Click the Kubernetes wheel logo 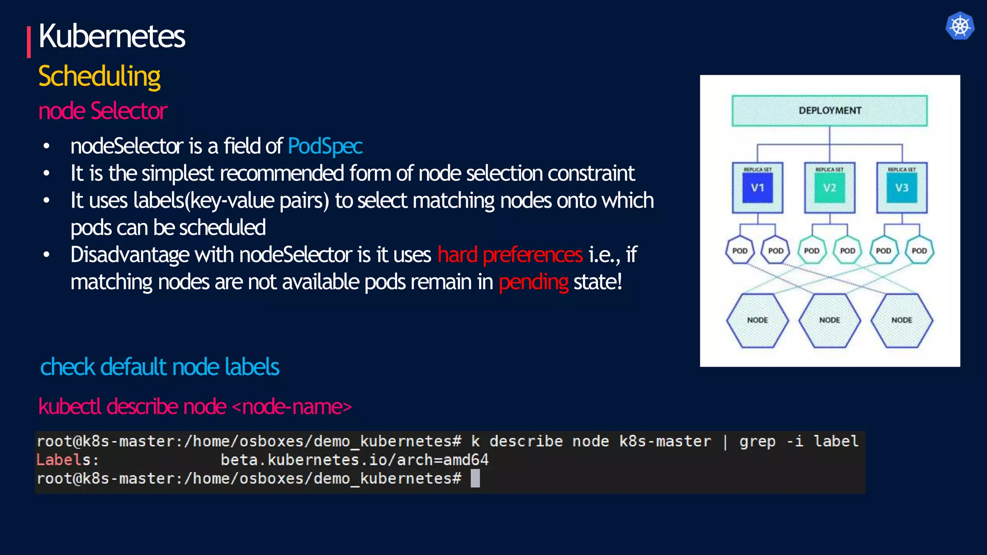click(960, 26)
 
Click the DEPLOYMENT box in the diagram click(829, 111)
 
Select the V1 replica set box click(757, 188)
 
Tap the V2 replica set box click(829, 188)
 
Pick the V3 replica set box click(902, 188)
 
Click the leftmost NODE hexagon click(757, 320)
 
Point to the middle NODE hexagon click(829, 320)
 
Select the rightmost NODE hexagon click(902, 320)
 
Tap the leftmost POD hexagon click(740, 251)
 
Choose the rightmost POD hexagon click(919, 251)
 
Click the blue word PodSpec click(325, 146)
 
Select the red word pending click(534, 282)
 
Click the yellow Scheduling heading click(99, 77)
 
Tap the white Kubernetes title click(112, 37)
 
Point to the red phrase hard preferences click(510, 255)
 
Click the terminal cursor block click(475, 478)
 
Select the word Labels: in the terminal click(67, 460)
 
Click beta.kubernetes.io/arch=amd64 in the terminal click(354, 460)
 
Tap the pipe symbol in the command click(725, 442)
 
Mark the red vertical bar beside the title click(29, 42)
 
